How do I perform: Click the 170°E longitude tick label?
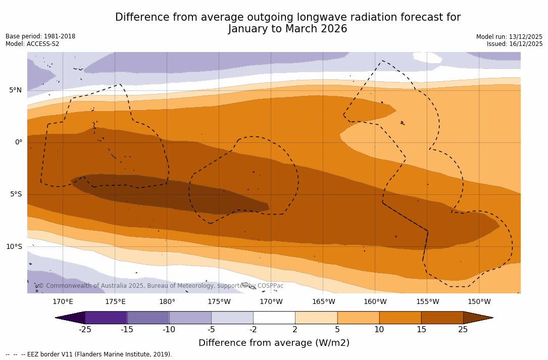coord(63,302)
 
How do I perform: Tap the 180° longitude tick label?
coord(167,302)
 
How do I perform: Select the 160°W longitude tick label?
coord(375,302)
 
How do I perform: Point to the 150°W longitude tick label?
coord(479,302)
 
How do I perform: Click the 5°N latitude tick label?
coord(15,90)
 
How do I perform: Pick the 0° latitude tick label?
coord(19,142)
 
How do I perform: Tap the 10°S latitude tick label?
coord(14,247)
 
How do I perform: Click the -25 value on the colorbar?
coord(85,330)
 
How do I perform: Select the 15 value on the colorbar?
coord(421,330)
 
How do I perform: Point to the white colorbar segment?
coord(274,318)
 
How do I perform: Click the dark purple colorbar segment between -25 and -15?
coord(106,318)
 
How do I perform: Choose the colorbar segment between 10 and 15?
coord(400,318)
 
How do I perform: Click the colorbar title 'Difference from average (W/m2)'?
coord(274,343)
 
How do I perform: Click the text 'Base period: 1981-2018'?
coord(40,36)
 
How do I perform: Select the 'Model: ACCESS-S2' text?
coord(32,44)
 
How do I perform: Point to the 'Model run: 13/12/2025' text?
coord(509,37)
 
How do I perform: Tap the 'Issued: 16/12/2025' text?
coord(515,44)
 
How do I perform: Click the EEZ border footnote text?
coord(89,354)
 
